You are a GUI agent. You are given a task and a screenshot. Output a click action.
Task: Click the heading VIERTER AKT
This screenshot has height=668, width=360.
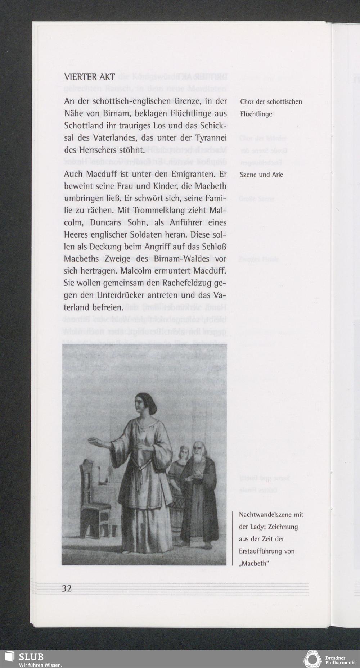[90, 77]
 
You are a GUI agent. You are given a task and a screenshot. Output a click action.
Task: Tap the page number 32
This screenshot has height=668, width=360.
[67, 588]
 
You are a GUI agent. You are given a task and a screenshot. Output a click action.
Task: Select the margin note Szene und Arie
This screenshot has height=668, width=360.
[261, 175]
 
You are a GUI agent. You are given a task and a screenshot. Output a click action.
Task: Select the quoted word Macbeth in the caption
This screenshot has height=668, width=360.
[254, 563]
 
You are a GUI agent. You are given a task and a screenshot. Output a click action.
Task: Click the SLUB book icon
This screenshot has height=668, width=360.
[9, 656]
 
